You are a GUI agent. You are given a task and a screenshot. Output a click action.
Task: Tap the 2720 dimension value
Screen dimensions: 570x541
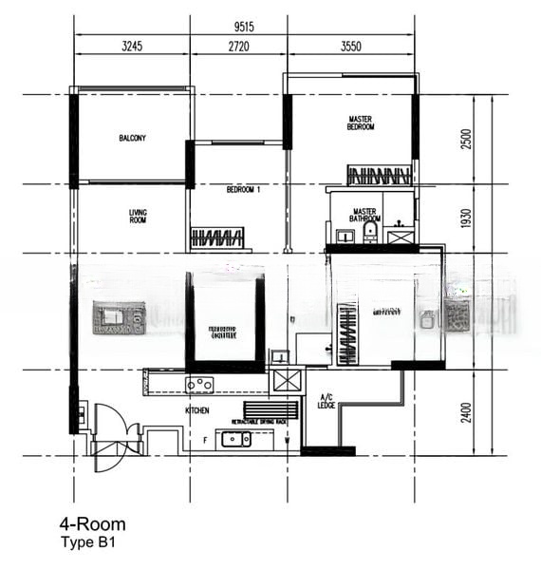pyautogui.click(x=239, y=45)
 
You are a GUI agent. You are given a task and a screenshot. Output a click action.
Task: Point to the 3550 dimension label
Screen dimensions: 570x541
pyautogui.click(x=350, y=45)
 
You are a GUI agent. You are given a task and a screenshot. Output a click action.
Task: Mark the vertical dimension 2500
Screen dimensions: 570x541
pyautogui.click(x=465, y=139)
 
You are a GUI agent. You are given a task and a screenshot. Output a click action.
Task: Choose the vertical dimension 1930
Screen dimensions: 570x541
pyautogui.click(x=465, y=218)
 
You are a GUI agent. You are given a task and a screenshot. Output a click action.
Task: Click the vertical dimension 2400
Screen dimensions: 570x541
pyautogui.click(x=465, y=412)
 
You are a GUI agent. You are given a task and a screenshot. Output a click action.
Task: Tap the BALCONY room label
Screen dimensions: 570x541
pyautogui.click(x=132, y=139)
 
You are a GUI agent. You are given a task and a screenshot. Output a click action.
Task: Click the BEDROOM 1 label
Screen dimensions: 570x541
pyautogui.click(x=243, y=190)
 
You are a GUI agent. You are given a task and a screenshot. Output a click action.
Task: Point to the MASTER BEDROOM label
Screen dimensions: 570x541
pyautogui.click(x=361, y=123)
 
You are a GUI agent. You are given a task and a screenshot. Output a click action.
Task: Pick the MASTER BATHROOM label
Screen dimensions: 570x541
pyautogui.click(x=365, y=216)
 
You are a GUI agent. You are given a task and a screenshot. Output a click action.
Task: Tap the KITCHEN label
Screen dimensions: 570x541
pyautogui.click(x=197, y=410)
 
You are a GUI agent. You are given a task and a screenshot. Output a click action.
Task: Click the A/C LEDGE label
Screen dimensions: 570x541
pyautogui.click(x=326, y=401)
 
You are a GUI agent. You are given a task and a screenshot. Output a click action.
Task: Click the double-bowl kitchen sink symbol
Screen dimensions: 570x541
pyautogui.click(x=235, y=438)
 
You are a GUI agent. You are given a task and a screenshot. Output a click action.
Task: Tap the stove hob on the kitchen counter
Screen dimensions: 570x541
pyautogui.click(x=199, y=385)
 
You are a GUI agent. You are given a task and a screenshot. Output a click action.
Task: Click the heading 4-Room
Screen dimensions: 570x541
pyautogui.click(x=92, y=523)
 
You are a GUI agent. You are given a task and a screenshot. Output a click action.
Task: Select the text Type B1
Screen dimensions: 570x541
pyautogui.click(x=89, y=542)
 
